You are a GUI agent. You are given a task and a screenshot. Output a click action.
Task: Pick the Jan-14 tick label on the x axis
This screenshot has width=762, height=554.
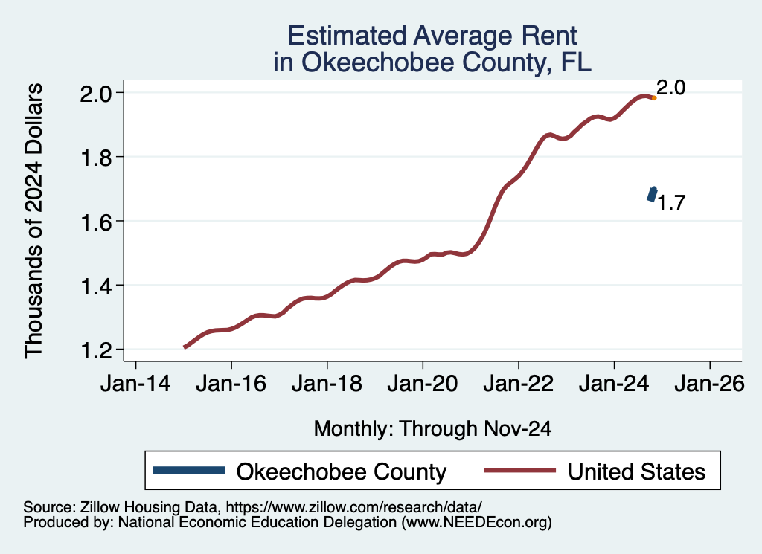pyautogui.click(x=135, y=385)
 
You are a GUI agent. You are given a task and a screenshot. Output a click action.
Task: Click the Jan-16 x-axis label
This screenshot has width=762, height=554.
pyautogui.click(x=231, y=385)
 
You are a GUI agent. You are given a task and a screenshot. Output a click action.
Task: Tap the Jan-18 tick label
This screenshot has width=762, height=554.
pyautogui.click(x=327, y=385)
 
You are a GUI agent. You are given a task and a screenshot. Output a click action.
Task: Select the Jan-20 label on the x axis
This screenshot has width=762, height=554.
pyautogui.click(x=423, y=385)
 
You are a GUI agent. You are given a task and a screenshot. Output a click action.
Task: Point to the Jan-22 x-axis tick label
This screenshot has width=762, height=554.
pyautogui.click(x=518, y=385)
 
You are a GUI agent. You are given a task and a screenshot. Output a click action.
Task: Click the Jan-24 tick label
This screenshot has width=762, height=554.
pyautogui.click(x=614, y=385)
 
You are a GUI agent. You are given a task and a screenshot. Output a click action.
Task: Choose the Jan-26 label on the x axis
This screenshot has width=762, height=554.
pyautogui.click(x=709, y=385)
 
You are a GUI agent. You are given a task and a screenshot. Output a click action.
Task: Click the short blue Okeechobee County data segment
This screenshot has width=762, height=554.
pyautogui.click(x=652, y=195)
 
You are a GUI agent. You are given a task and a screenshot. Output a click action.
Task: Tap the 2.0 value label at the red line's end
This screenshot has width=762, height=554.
pyautogui.click(x=670, y=88)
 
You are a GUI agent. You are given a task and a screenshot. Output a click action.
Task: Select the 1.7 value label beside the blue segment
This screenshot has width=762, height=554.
pyautogui.click(x=671, y=203)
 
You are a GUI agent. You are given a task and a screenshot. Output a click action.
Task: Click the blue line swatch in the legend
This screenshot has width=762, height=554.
pyautogui.click(x=188, y=470)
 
